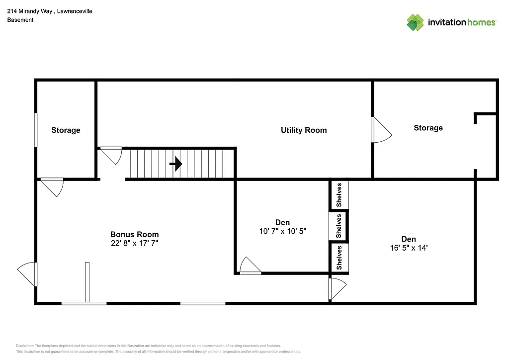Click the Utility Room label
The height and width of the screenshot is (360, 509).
tap(304, 130)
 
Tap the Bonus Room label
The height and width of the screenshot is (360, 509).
tap(134, 234)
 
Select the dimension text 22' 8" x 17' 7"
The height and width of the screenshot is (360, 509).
tap(134, 243)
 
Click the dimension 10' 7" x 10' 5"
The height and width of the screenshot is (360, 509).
tap(282, 231)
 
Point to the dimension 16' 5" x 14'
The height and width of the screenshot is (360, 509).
tap(409, 248)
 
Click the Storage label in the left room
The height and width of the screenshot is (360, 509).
tap(66, 130)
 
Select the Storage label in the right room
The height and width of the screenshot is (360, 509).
tap(428, 128)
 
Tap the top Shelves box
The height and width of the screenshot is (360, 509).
tap(339, 195)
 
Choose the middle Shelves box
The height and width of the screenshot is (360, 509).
tap(339, 226)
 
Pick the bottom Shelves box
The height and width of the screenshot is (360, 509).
tap(339, 258)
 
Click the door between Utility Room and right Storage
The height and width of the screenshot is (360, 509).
tap(380, 130)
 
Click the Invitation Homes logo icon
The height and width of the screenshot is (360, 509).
tap(415, 22)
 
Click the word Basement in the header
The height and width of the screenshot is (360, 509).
tap(20, 20)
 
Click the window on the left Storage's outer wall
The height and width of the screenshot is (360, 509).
tap(36, 130)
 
